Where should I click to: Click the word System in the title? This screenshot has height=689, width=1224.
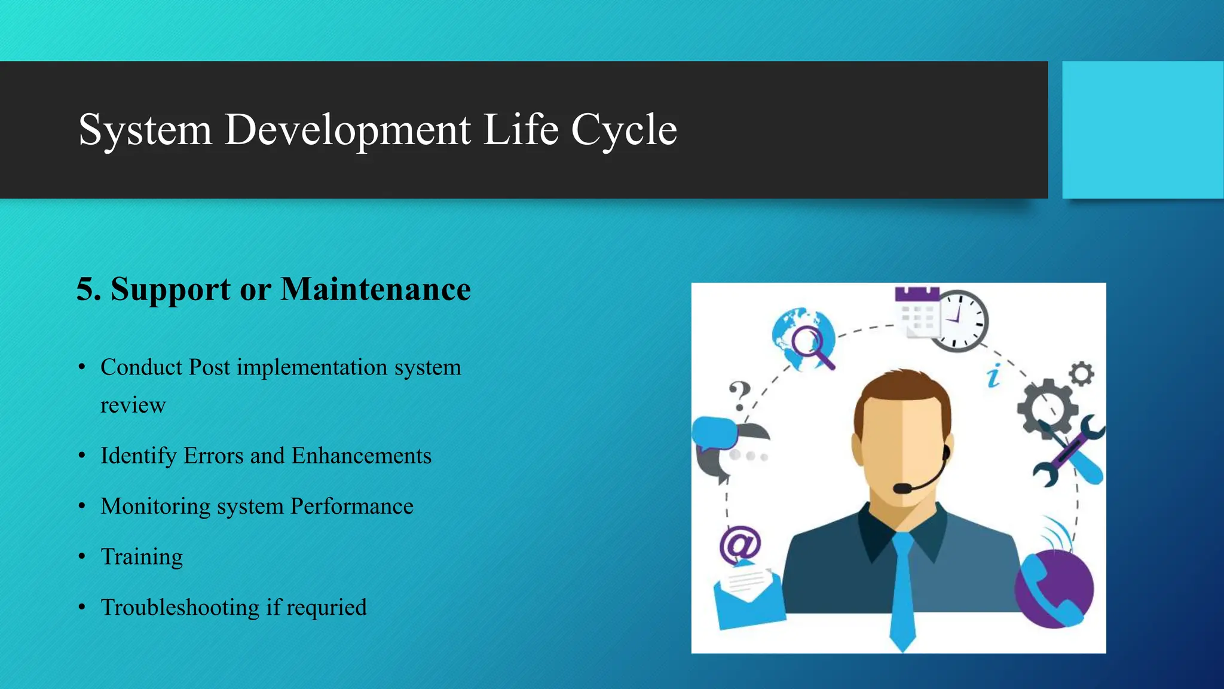pos(145,130)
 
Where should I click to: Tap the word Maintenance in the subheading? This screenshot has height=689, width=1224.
pos(375,289)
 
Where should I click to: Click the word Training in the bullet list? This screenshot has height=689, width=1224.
pos(142,557)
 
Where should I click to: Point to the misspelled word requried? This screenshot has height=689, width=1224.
pos(326,608)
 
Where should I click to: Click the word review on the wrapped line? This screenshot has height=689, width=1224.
pos(133,406)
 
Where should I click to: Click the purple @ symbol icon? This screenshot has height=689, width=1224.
pos(740,545)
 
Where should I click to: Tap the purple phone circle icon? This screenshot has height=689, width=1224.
pos(1055,589)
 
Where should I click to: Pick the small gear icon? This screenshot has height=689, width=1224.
pos(1081,374)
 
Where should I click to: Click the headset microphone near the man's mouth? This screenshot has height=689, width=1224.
pos(902,488)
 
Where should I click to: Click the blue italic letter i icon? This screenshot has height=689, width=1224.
pos(993,376)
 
